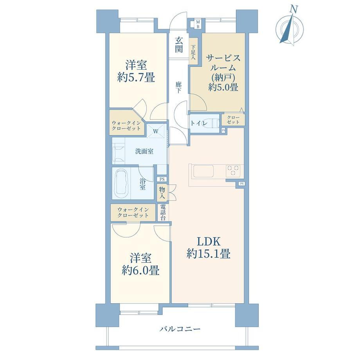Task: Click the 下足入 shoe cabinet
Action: pos(193,52)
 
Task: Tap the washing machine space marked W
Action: pos(156,131)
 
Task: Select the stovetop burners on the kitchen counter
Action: pos(234,171)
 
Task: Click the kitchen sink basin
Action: pos(203,171)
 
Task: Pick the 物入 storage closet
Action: pos(162,193)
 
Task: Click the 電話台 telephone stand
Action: pos(163,212)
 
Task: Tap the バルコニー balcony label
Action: pos(180,329)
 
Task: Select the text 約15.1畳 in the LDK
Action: pos(208,254)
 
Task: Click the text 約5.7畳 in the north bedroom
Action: pos(136,77)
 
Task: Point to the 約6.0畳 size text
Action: pos(140,270)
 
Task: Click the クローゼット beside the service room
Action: pos(233,120)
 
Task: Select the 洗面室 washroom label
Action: pos(144,151)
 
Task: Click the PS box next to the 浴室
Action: pos(162,179)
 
